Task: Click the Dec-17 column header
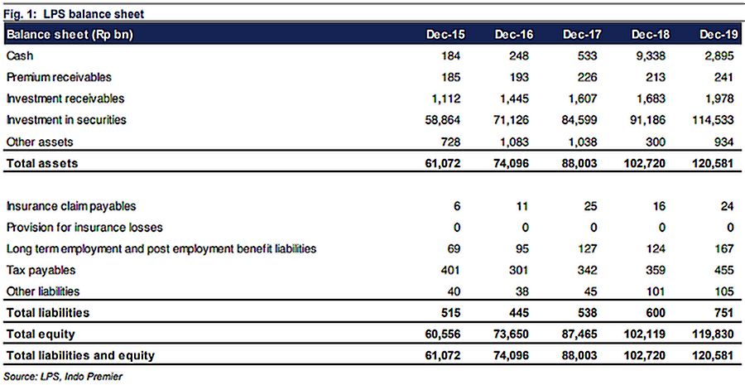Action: click(x=579, y=35)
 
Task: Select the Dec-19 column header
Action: click(x=718, y=35)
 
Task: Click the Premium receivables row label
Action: click(x=59, y=77)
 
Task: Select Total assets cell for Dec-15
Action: click(x=443, y=163)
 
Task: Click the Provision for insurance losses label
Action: click(x=84, y=228)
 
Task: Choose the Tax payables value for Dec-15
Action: click(x=449, y=271)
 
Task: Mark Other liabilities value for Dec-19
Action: click(x=724, y=291)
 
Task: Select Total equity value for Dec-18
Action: click(x=644, y=334)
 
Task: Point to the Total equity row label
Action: click(x=41, y=334)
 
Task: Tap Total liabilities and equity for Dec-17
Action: click(x=579, y=355)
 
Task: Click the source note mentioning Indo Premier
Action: click(x=63, y=377)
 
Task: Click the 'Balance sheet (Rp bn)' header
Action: click(x=70, y=35)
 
